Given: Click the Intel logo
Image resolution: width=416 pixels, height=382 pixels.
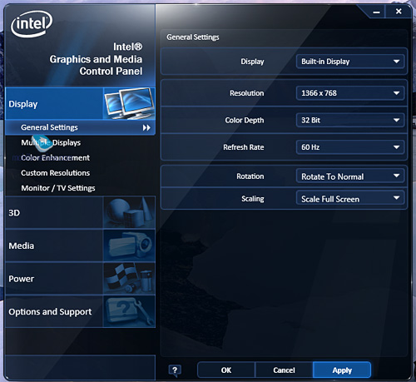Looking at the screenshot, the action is click(x=32, y=23).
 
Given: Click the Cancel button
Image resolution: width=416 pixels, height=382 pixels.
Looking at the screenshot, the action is click(x=284, y=370).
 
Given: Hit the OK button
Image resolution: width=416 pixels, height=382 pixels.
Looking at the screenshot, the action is click(x=226, y=370).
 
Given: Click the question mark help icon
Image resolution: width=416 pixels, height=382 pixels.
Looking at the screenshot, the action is click(x=175, y=370).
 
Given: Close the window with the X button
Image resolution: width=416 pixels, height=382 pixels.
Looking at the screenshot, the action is click(x=399, y=12).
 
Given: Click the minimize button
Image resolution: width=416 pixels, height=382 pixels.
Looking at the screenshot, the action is click(x=376, y=12).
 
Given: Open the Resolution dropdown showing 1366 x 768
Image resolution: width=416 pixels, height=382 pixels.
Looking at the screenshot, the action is click(x=350, y=93).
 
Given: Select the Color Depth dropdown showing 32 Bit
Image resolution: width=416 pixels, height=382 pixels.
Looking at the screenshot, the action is click(x=350, y=120).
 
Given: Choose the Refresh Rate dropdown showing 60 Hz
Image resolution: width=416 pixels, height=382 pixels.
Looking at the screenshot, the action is click(x=350, y=147).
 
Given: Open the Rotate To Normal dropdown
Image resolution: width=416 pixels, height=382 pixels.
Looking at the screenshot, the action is click(x=350, y=176).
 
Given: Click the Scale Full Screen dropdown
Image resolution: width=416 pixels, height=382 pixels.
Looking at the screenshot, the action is click(x=350, y=198).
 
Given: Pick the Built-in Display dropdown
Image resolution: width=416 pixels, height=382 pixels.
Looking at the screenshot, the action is click(x=350, y=62).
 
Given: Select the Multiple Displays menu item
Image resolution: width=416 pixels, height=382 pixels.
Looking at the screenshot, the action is click(x=51, y=142).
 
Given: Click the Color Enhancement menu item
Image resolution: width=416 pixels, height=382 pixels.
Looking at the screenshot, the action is click(x=55, y=158).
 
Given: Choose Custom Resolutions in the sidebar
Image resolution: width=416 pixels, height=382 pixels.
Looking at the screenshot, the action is click(x=56, y=173).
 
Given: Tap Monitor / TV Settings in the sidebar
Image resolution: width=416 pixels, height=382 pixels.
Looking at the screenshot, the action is click(x=58, y=188).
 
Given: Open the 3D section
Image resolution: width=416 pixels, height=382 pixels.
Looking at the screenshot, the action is click(x=80, y=212).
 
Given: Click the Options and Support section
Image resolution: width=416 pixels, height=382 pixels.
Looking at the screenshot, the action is click(x=80, y=311).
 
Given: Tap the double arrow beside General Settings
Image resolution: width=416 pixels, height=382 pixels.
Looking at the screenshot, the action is click(x=146, y=127).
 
